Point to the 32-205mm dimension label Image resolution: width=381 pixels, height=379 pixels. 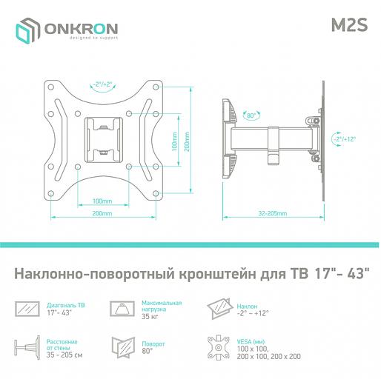[274, 212]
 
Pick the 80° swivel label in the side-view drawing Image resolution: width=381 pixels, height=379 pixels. [251, 115]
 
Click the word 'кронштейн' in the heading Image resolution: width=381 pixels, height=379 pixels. [219, 274]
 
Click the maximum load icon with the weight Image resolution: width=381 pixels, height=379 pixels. [121, 308]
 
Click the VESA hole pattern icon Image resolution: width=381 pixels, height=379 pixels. [220, 346]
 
